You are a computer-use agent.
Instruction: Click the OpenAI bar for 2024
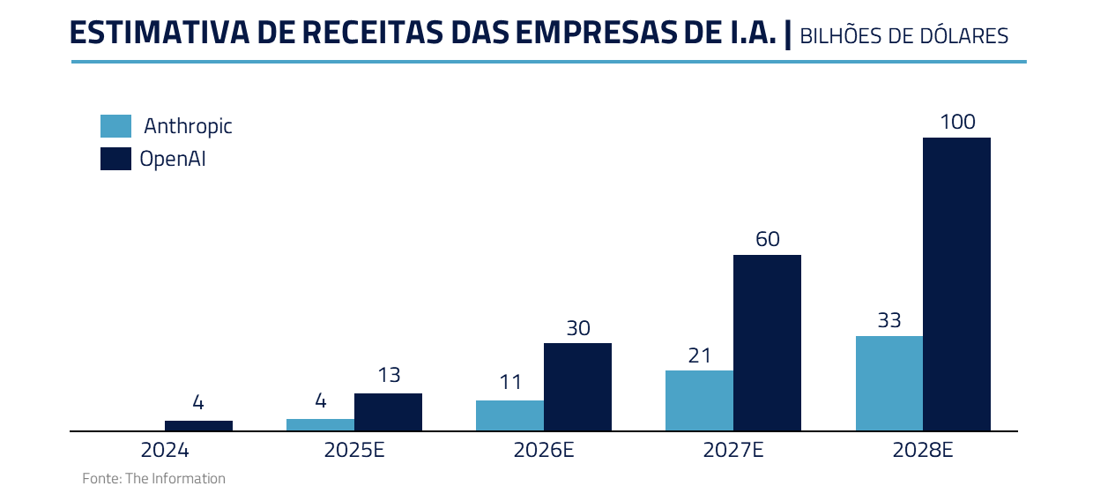click(198, 426)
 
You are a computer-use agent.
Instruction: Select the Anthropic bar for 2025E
click(320, 425)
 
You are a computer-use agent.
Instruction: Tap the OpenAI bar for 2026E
click(577, 387)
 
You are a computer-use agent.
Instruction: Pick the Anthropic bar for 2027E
click(699, 400)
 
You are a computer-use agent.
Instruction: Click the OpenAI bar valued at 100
click(956, 284)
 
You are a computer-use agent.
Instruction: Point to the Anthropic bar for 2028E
click(889, 384)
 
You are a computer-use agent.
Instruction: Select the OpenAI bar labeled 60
click(767, 343)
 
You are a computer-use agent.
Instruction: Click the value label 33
click(889, 320)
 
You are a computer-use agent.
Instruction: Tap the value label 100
click(957, 122)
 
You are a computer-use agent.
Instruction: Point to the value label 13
click(389, 375)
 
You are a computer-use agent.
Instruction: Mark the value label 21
click(699, 355)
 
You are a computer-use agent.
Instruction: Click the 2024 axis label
click(165, 450)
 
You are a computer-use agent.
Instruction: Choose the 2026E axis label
click(544, 450)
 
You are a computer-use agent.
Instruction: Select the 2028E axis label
click(923, 450)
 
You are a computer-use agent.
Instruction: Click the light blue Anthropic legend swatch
click(115, 126)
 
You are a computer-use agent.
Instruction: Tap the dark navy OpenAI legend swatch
click(115, 159)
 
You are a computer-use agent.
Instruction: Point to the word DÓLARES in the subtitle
click(967, 36)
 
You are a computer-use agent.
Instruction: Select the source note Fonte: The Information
click(154, 479)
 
